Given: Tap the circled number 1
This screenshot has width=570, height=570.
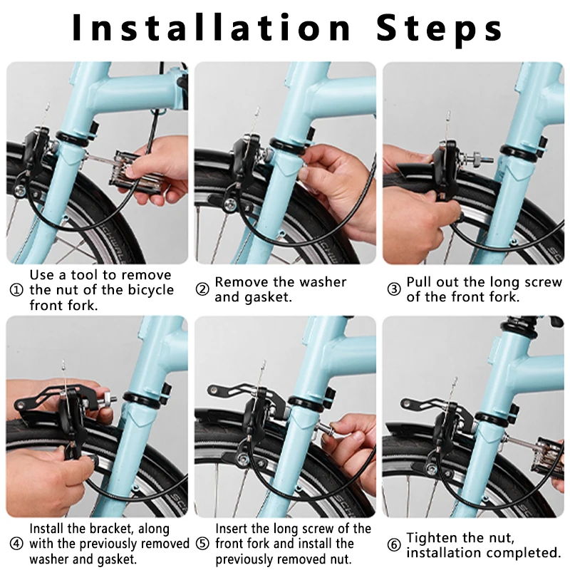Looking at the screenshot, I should tap(16, 290).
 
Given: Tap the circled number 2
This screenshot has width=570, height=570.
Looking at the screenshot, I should tap(202, 289).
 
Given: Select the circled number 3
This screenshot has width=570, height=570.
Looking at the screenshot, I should tap(393, 289).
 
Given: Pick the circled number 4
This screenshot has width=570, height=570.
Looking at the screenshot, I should tap(16, 544).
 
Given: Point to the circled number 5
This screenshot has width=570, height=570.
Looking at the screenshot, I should tap(202, 544).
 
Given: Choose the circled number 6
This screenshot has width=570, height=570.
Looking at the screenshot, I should tap(393, 545).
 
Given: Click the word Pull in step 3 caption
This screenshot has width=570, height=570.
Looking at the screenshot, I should tap(421, 282).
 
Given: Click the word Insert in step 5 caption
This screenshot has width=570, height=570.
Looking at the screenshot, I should tap(234, 529).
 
